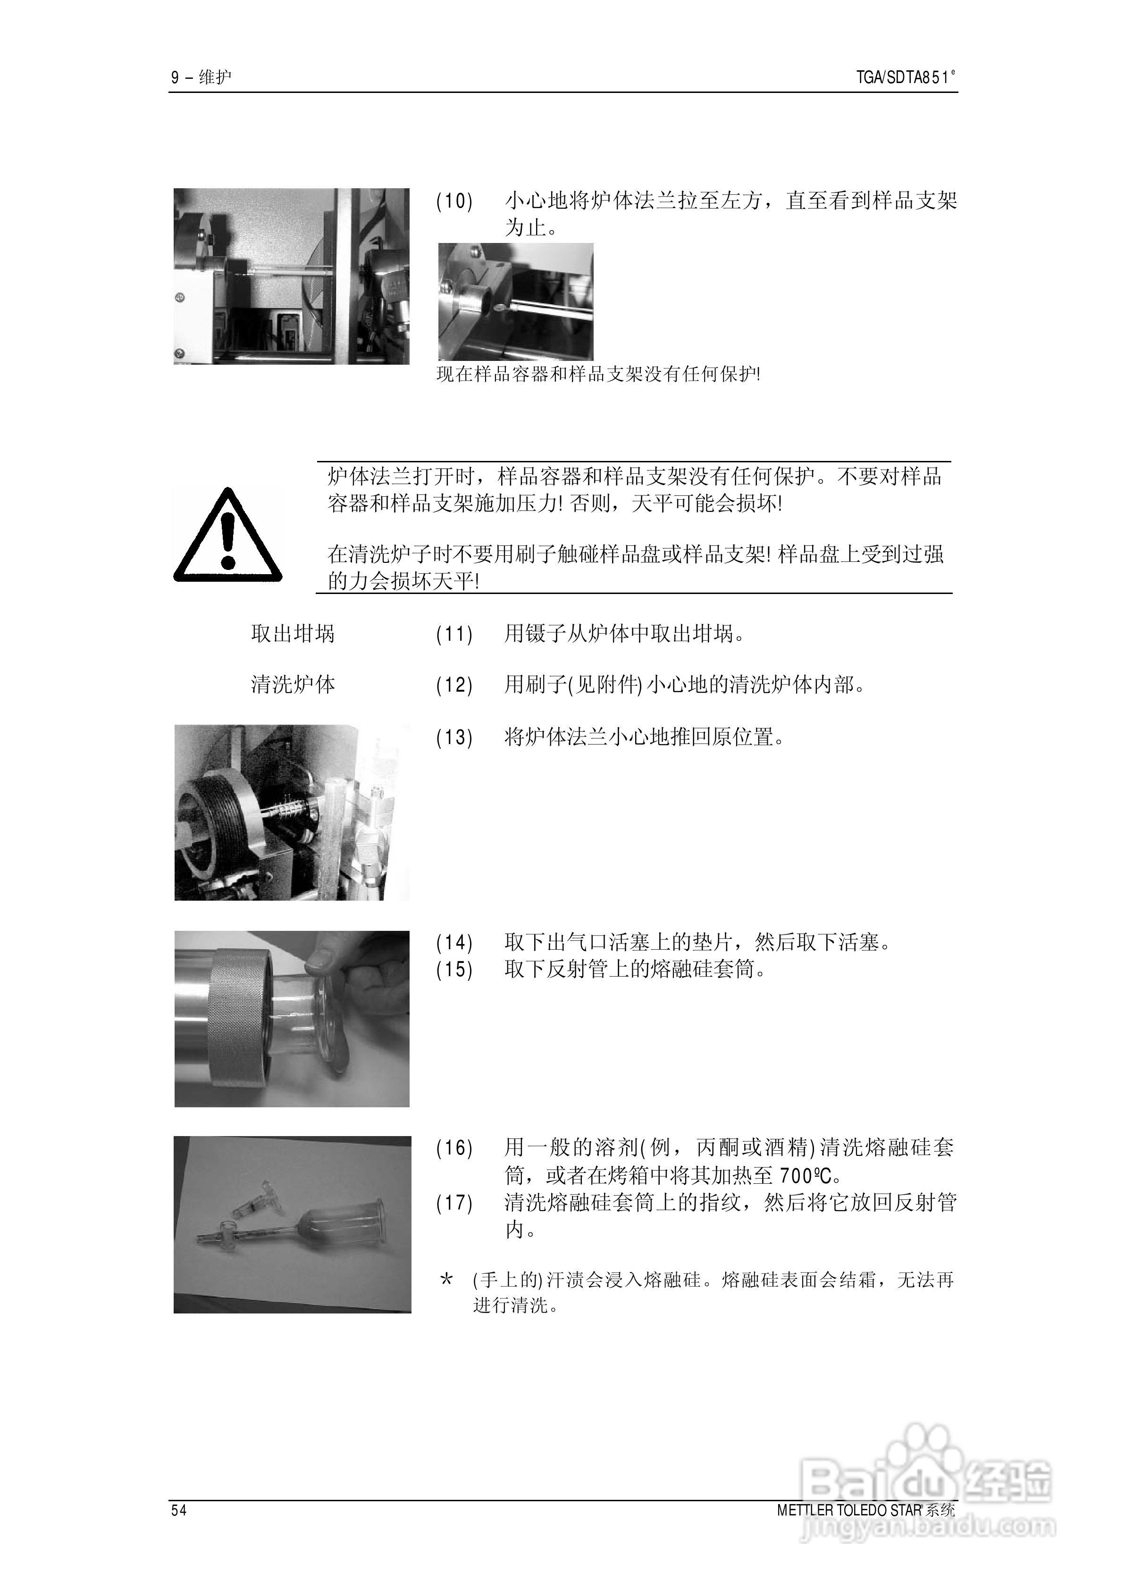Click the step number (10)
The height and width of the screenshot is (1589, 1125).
click(x=454, y=201)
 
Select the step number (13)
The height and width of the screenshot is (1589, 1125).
click(x=454, y=737)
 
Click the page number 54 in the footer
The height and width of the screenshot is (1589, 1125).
click(x=179, y=1510)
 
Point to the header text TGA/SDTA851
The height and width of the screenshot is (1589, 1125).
click(x=905, y=77)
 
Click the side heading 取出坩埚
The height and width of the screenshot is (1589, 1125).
click(x=292, y=634)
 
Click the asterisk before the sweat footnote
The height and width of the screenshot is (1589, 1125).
click(x=447, y=1280)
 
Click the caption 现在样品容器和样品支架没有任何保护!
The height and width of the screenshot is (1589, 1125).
click(x=598, y=375)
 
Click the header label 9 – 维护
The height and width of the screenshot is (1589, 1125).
click(x=201, y=77)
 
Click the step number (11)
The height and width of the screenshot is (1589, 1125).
click(x=454, y=634)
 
